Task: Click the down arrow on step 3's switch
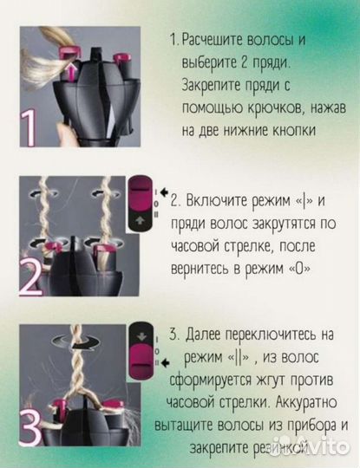[140, 335]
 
